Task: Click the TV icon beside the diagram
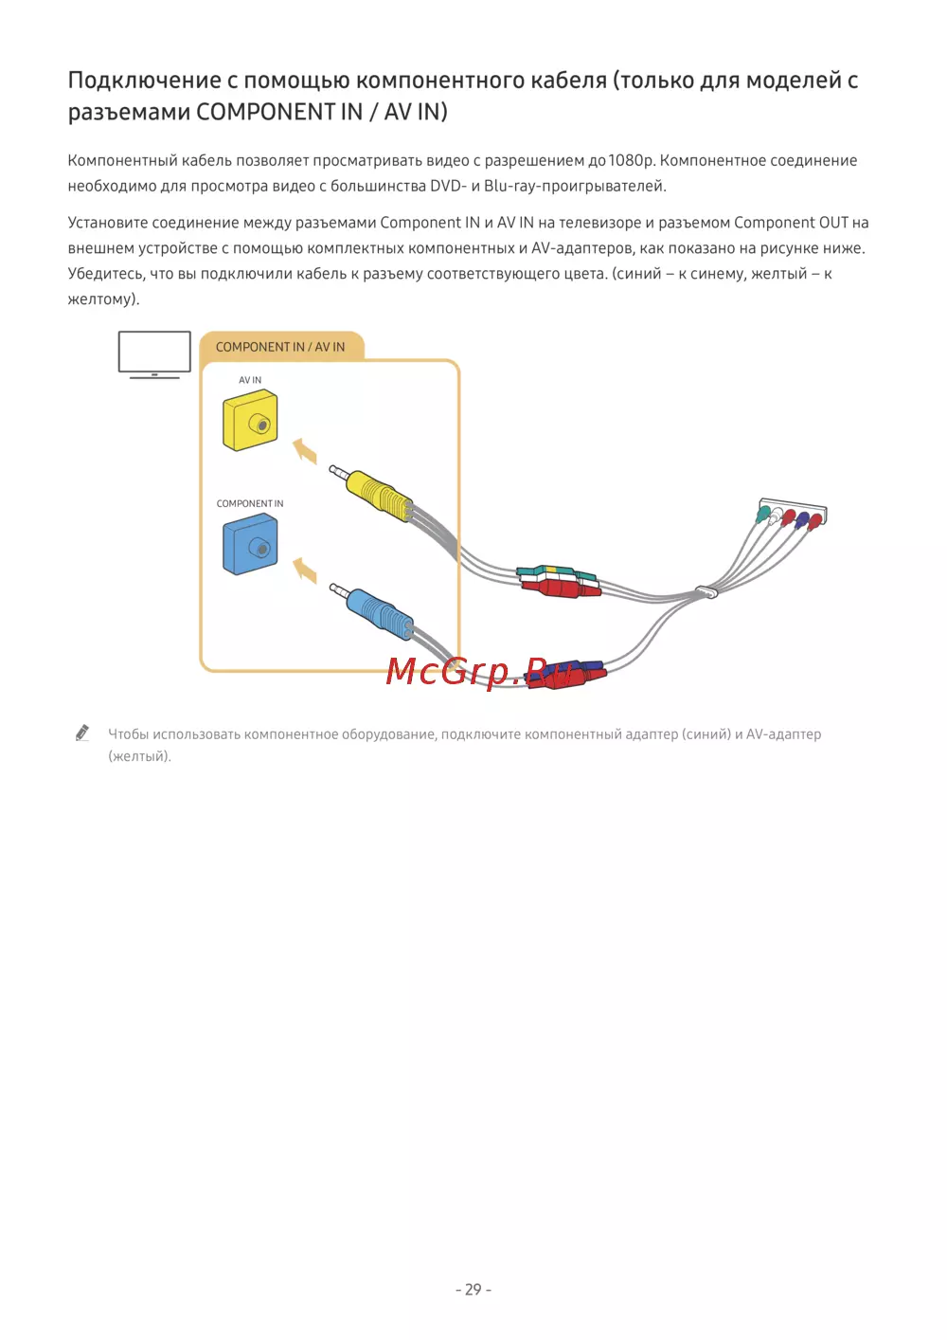pos(154,354)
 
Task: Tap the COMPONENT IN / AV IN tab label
pos(280,347)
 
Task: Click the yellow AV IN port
pos(250,423)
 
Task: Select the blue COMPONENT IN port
pos(250,545)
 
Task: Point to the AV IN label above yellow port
pos(250,380)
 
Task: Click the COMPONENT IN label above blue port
pos(250,503)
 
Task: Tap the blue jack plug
pos(377,611)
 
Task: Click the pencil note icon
pos(82,733)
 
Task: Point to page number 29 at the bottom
pos(473,1290)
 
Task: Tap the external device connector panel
pos(793,513)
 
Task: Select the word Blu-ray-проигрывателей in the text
pos(575,186)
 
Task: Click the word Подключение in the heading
pos(143,81)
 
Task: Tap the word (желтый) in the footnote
pos(139,756)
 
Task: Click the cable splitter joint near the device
pos(706,593)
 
